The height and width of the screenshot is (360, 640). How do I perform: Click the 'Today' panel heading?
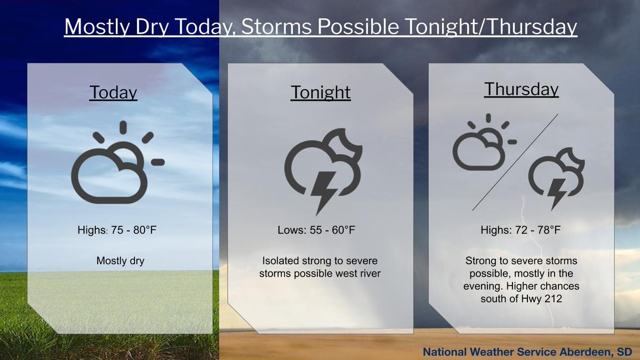pyautogui.click(x=113, y=92)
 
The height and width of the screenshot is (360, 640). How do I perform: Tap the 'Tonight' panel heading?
pyautogui.click(x=321, y=92)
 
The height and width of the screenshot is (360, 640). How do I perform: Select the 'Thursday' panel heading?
pyautogui.click(x=521, y=89)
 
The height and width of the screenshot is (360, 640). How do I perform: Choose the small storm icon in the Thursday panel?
pyautogui.click(x=556, y=176)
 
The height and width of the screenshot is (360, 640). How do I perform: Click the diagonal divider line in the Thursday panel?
pyautogui.click(x=515, y=162)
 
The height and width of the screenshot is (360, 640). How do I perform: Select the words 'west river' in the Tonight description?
pyautogui.click(x=358, y=274)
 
